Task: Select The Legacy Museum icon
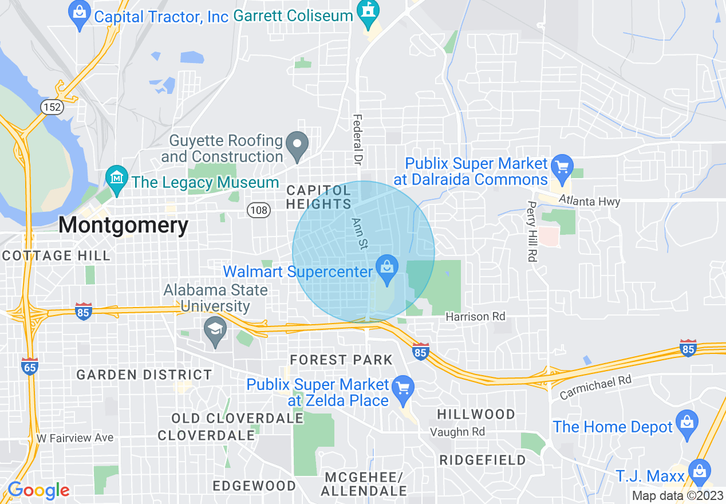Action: click(116, 179)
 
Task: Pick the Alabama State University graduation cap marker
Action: click(216, 330)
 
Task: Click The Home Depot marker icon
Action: click(686, 424)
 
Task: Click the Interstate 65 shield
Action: click(30, 364)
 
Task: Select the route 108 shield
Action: click(259, 210)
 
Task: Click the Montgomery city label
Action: click(123, 225)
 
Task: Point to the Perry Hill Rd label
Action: click(532, 231)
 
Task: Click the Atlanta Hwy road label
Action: click(589, 201)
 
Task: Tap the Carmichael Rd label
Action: click(595, 387)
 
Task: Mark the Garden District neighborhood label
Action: click(144, 375)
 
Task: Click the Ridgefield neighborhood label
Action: click(482, 460)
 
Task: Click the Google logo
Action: click(39, 490)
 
